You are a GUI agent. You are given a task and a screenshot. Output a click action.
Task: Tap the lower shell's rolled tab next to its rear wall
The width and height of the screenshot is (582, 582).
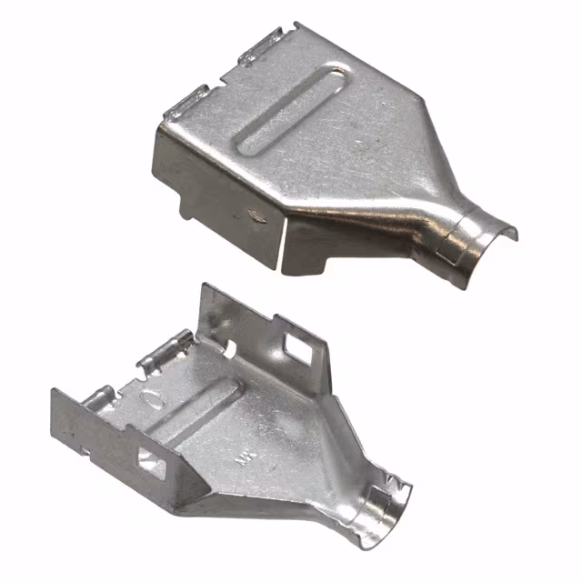[x=166, y=353]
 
